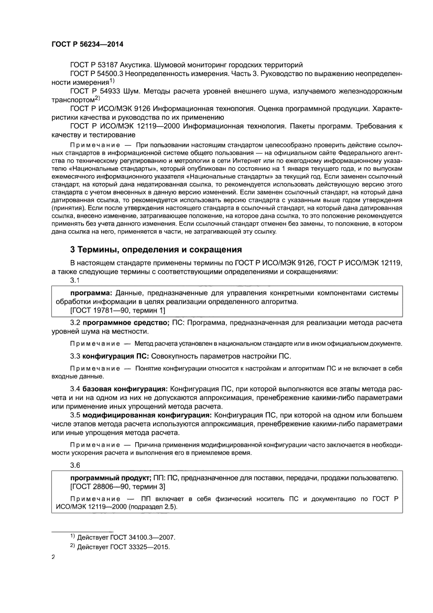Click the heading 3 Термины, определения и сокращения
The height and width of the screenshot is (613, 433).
click(x=156, y=249)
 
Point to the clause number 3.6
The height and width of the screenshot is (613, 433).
click(x=75, y=465)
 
